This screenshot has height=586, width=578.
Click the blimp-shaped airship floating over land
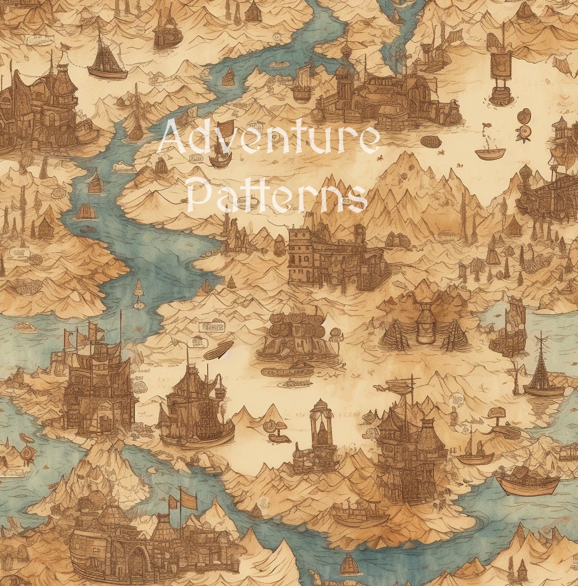click(x=218, y=350)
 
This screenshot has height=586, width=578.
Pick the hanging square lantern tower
click(x=500, y=64)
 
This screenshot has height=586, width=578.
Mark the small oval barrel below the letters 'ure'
click(x=431, y=141)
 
